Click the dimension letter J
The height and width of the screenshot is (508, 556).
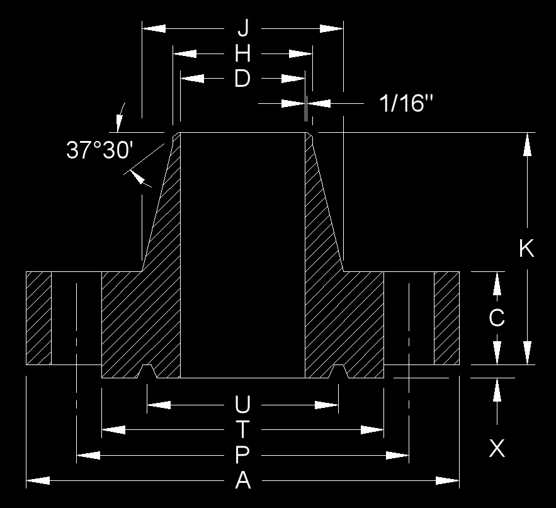[243, 28]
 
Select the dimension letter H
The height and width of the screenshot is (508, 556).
[243, 54]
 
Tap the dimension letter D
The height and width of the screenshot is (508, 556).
[242, 79]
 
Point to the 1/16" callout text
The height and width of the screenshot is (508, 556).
[406, 103]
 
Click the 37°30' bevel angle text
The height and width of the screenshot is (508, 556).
[99, 150]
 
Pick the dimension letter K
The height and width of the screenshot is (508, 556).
[526, 248]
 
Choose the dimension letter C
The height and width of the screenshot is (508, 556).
[496, 318]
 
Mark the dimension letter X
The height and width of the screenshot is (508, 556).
[497, 448]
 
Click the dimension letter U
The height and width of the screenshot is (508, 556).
[242, 405]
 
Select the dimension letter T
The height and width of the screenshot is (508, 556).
[242, 429]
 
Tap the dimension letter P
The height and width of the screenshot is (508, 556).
[242, 455]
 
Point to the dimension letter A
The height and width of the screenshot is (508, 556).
[243, 481]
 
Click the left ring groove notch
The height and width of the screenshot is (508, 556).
[147, 371]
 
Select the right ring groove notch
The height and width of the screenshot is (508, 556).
[339, 371]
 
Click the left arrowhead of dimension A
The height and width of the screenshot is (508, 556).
[38, 481]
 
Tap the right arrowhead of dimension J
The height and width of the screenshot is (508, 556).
[332, 28]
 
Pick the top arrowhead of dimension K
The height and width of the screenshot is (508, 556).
[528, 144]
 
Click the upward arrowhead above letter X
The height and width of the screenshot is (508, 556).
[497, 390]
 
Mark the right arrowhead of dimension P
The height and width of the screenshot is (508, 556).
[397, 455]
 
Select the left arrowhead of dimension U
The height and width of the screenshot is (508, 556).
[159, 405]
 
